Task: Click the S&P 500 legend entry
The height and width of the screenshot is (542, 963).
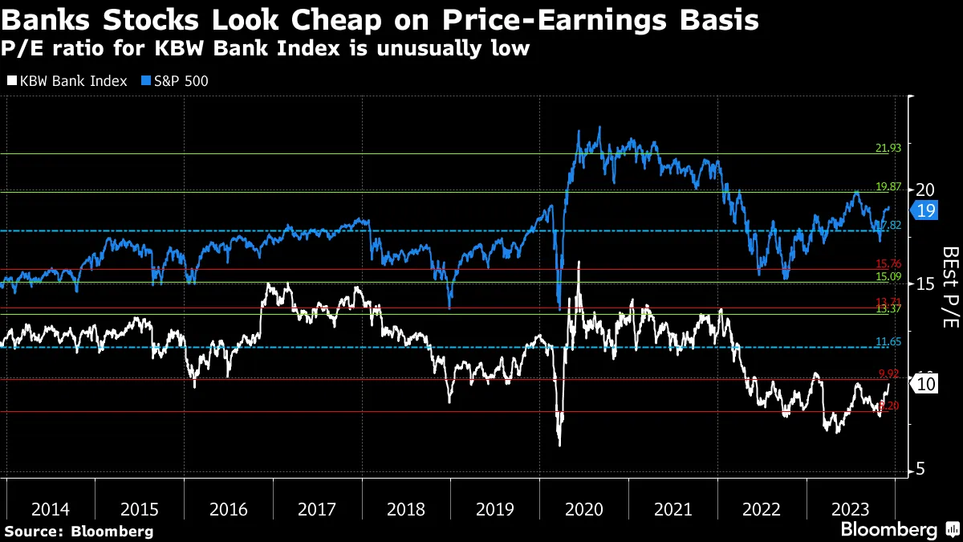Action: pyautogui.click(x=174, y=81)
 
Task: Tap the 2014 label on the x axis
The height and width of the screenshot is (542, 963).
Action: pyautogui.click(x=51, y=508)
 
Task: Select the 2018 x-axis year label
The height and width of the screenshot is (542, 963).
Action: pyautogui.click(x=405, y=508)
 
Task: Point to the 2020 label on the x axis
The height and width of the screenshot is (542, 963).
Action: pyautogui.click(x=583, y=508)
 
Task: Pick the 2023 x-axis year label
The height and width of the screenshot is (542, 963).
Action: pyautogui.click(x=850, y=508)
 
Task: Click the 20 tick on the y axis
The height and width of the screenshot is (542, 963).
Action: pyautogui.click(x=925, y=189)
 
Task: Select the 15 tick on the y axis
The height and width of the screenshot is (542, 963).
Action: pyautogui.click(x=925, y=283)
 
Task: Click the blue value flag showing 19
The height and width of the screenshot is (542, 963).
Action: pyautogui.click(x=924, y=211)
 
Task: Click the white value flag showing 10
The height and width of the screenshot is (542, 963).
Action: pyautogui.click(x=924, y=385)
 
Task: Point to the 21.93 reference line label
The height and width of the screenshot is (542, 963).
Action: pyautogui.click(x=887, y=149)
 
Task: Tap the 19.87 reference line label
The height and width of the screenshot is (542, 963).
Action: pyautogui.click(x=887, y=186)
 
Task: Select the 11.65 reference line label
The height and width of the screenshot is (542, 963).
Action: pyautogui.click(x=887, y=342)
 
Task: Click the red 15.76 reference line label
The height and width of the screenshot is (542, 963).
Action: pyautogui.click(x=887, y=264)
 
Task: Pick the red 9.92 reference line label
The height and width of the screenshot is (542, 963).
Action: pyautogui.click(x=887, y=373)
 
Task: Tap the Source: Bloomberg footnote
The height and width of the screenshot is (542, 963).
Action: pyautogui.click(x=79, y=531)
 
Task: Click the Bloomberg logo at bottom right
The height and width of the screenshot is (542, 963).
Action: pyautogui.click(x=899, y=530)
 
